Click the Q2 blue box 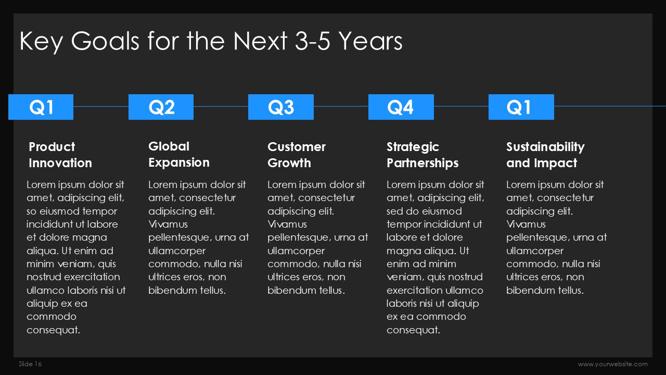161,107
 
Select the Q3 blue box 281,107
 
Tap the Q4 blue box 401,107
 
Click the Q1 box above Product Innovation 41,107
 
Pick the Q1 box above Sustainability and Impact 521,107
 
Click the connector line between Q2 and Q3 221,106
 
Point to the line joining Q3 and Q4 341,106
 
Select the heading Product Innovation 60,155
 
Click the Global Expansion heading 179,155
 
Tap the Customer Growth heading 297,155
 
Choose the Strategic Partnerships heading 422,155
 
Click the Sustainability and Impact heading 545,155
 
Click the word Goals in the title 105,41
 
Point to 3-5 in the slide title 313,41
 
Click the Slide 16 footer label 30,364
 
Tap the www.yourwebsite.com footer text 613,364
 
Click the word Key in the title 41,42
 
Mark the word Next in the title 260,41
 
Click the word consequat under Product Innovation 53,330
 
